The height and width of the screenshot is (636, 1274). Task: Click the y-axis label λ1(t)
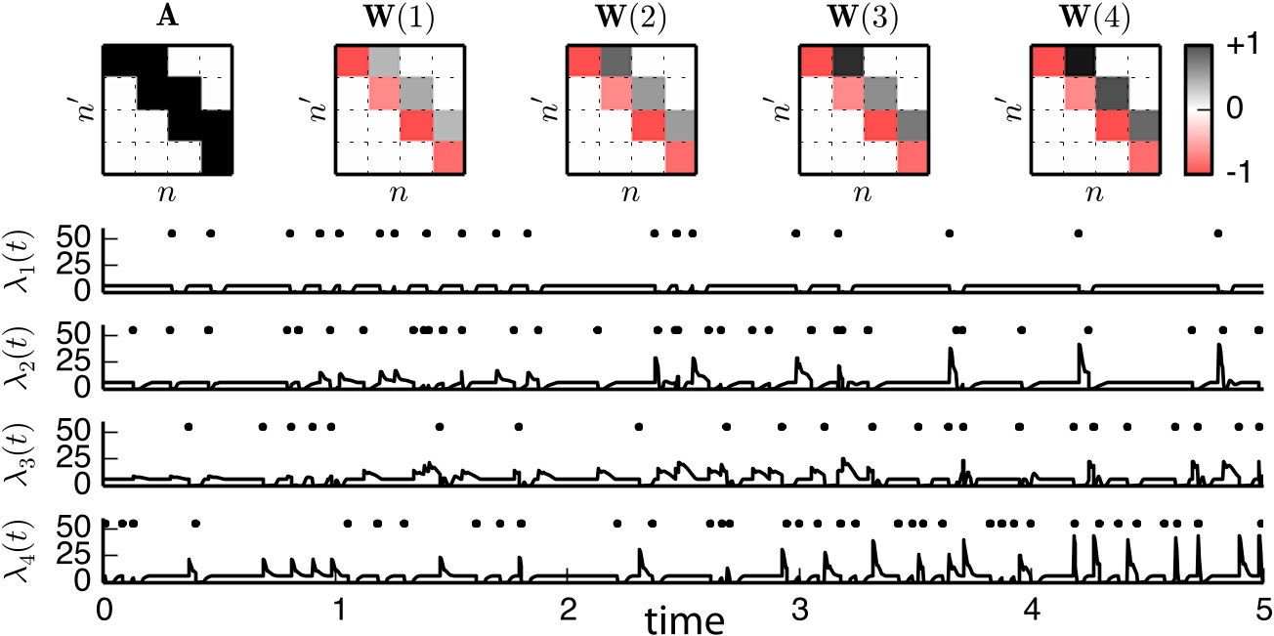21,264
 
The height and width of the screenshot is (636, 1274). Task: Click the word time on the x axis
684,618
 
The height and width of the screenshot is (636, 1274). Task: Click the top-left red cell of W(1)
352,61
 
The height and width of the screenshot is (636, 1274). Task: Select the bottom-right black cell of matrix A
217,158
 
